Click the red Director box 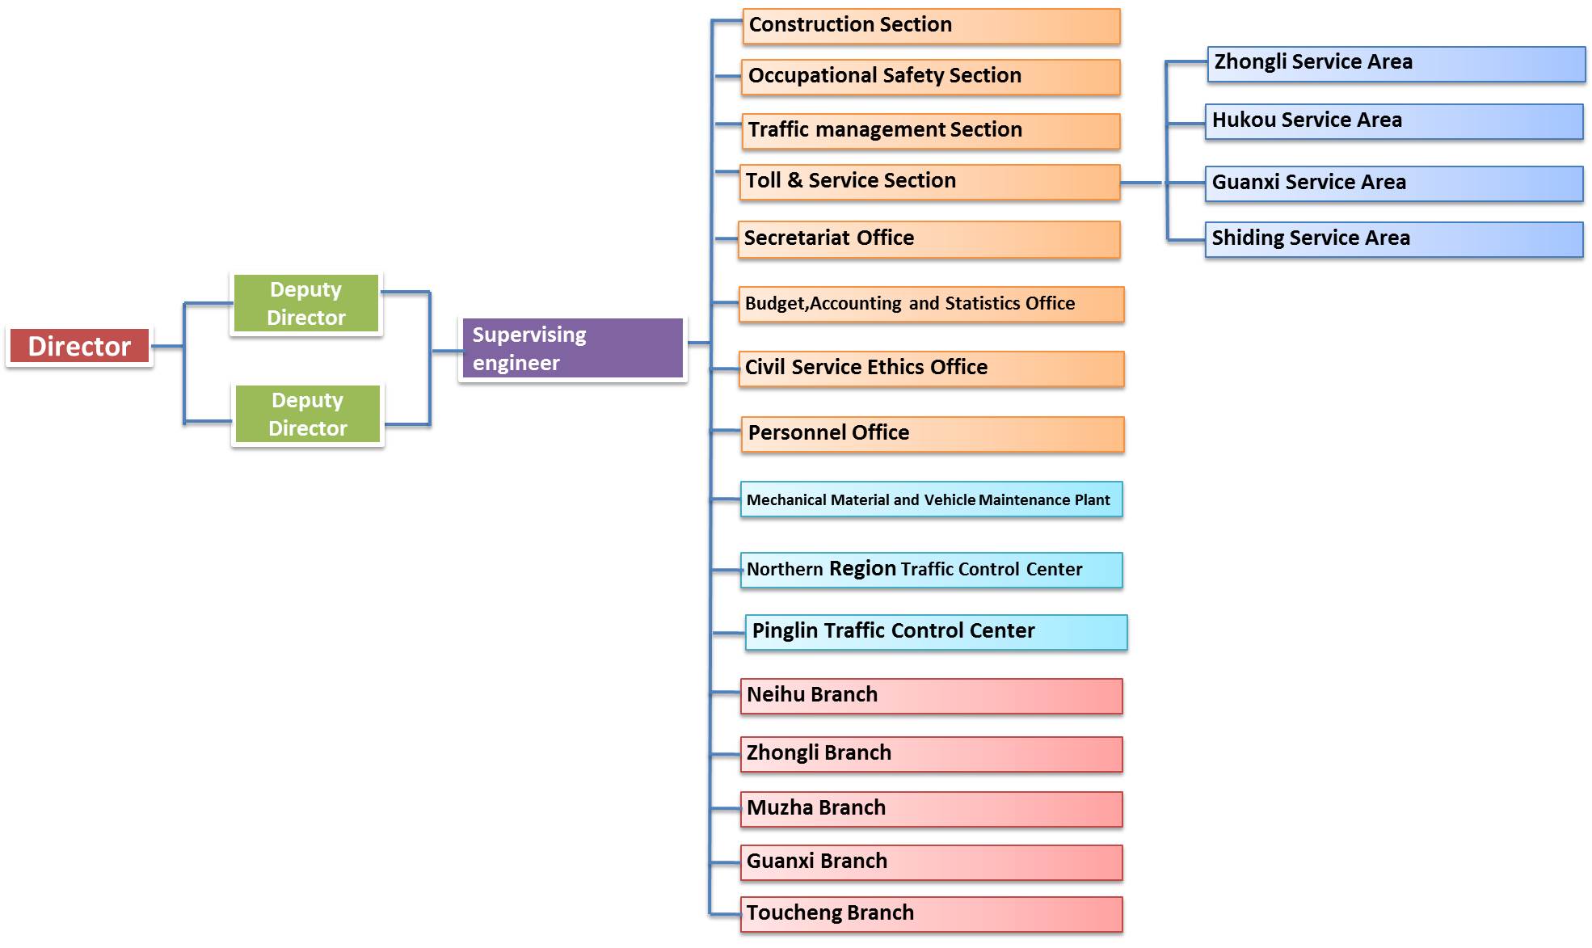coord(79,346)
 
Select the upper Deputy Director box coord(306,303)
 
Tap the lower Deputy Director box coord(308,414)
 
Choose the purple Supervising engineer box coord(572,348)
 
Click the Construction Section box coord(931,26)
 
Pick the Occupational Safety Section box coord(931,77)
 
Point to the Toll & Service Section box coord(929,182)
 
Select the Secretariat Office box coord(929,239)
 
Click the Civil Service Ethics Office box coord(931,369)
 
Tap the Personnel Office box coord(933,434)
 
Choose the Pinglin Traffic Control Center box coord(936,632)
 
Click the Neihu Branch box coord(931,696)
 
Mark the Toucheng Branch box coord(931,914)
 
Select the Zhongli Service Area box coord(1396,63)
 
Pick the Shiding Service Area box coord(1394,239)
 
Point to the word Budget coord(775,304)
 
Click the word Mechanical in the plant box coord(786,500)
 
